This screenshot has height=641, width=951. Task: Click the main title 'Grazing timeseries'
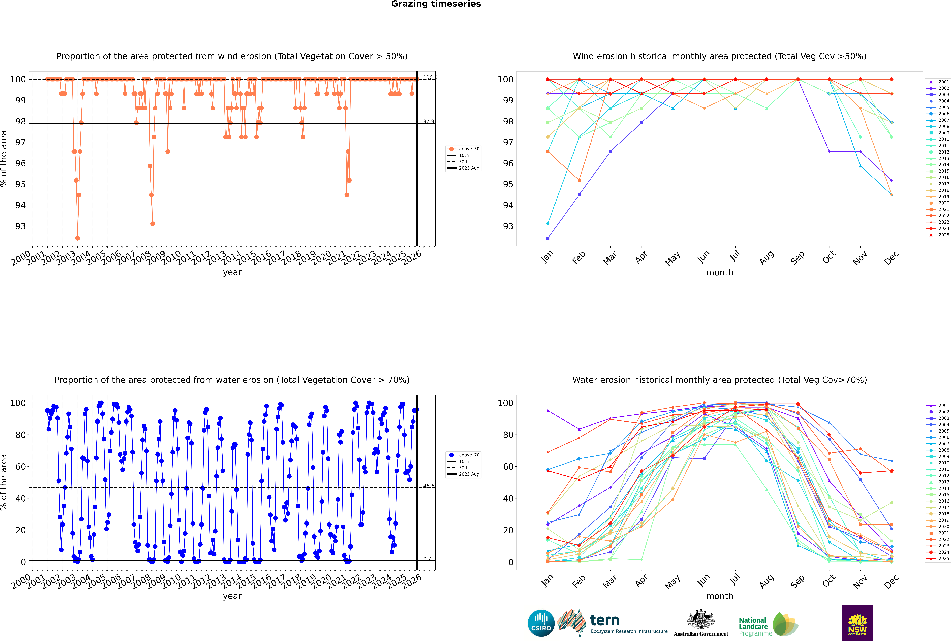(x=436, y=4)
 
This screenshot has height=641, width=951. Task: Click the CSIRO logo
(x=541, y=623)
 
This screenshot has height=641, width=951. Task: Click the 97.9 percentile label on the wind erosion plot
(x=428, y=121)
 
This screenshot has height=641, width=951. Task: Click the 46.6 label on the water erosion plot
(x=428, y=486)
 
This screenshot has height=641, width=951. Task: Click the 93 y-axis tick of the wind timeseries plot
(x=20, y=226)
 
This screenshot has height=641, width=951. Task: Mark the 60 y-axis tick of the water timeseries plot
(x=20, y=466)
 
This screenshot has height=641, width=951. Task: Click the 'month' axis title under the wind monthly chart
(x=720, y=273)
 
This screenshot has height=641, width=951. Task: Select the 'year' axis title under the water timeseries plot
(x=232, y=596)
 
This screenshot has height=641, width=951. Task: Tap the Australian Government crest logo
(x=701, y=623)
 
